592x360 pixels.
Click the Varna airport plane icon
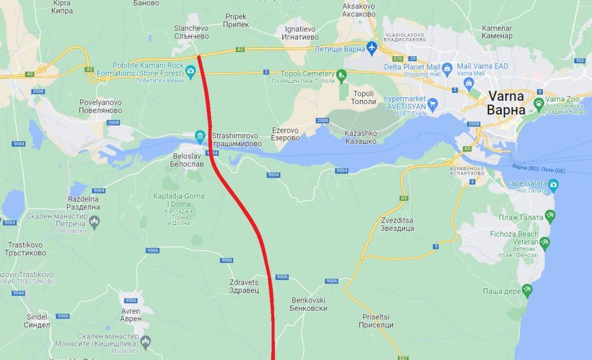click(x=372, y=47)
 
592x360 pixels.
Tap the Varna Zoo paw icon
click(x=539, y=104)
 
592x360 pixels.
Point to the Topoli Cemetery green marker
click(x=341, y=75)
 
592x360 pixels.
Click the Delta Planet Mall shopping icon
click(x=447, y=67)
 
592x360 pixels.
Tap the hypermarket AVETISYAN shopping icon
click(x=433, y=105)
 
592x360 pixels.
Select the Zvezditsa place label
click(x=397, y=224)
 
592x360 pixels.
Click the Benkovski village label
click(x=308, y=304)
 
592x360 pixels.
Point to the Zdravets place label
click(x=244, y=287)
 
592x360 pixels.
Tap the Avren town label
click(x=131, y=314)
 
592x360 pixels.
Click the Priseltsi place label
click(x=376, y=321)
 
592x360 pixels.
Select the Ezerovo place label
click(x=285, y=134)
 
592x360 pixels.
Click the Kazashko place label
click(x=361, y=137)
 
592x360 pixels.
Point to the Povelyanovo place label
click(x=100, y=107)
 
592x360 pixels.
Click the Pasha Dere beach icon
click(x=527, y=291)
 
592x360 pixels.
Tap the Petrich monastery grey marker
click(x=94, y=221)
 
